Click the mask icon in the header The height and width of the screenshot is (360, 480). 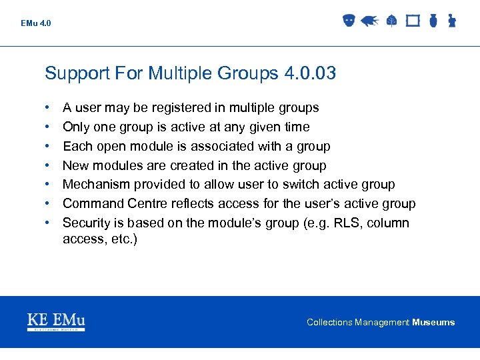click(x=348, y=21)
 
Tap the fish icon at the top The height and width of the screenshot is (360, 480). click(x=370, y=21)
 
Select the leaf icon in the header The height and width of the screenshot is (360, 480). click(x=391, y=21)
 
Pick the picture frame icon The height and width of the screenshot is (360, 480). click(x=413, y=21)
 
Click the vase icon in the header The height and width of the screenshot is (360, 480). click(x=433, y=21)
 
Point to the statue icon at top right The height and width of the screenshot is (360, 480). click(x=451, y=21)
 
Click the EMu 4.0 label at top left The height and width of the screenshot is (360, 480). click(x=35, y=23)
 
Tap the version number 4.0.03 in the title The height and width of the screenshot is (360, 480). click(x=309, y=73)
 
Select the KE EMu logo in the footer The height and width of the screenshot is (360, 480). click(x=56, y=322)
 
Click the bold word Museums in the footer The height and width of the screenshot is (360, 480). click(x=433, y=323)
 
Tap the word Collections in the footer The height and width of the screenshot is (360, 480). click(x=329, y=323)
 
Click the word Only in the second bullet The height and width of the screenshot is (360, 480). click(x=76, y=127)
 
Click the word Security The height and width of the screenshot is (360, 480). click(x=87, y=223)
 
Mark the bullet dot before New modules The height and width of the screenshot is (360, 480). click(x=48, y=165)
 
